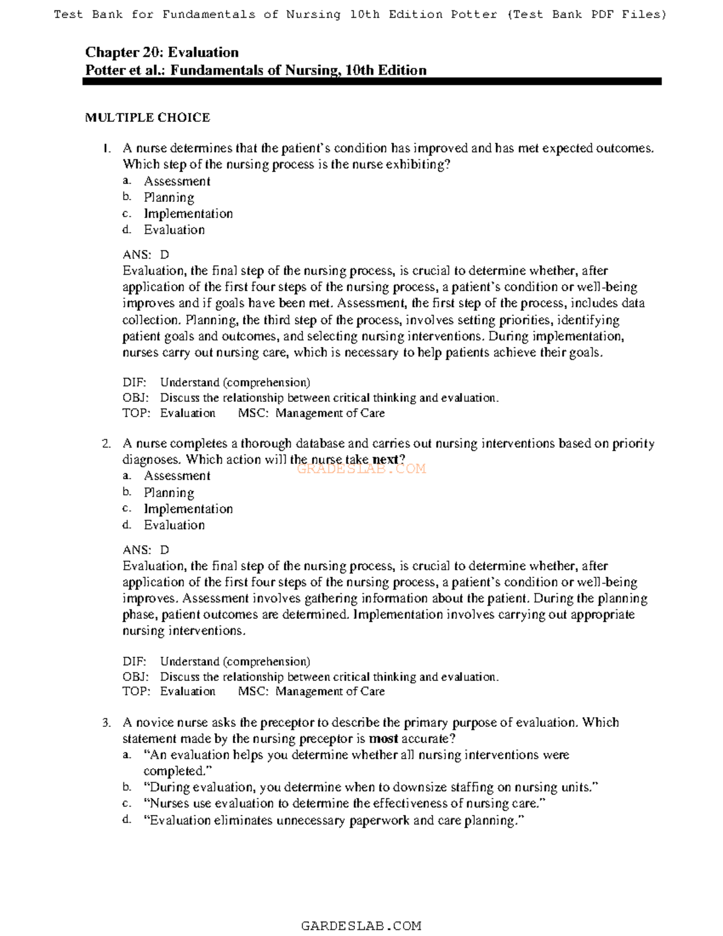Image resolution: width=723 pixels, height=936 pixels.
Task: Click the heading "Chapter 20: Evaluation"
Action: click(161, 52)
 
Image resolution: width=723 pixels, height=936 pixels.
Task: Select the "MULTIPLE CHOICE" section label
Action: click(148, 118)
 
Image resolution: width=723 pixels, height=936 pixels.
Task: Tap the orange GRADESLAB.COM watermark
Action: click(361, 469)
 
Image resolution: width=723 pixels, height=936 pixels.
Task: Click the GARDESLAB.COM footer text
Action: click(361, 926)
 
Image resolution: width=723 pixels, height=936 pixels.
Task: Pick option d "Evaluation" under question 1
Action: click(174, 230)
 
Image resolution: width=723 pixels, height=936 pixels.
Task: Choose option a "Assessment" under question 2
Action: click(177, 476)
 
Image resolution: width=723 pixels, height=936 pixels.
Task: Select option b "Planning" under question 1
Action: click(169, 198)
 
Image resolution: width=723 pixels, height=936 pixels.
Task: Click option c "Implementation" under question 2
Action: click(188, 509)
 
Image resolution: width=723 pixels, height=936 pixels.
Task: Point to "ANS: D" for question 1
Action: click(146, 255)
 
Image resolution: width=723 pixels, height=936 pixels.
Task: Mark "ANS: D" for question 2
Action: click(146, 550)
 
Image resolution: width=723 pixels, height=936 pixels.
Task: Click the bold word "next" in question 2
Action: click(386, 460)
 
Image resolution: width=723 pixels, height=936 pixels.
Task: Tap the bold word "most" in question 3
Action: click(383, 739)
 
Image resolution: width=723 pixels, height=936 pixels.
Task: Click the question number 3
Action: click(106, 723)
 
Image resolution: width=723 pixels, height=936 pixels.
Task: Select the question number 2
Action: click(106, 444)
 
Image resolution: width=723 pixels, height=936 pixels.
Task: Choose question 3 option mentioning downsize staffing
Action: click(371, 787)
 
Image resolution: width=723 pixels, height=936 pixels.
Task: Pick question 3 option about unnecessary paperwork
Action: click(334, 820)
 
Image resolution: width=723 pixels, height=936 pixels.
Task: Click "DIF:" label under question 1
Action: click(134, 383)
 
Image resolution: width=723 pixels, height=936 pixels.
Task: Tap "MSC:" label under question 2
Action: click(253, 692)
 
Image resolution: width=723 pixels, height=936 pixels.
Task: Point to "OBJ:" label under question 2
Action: click(136, 677)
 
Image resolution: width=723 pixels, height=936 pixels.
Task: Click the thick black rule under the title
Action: click(372, 81)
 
